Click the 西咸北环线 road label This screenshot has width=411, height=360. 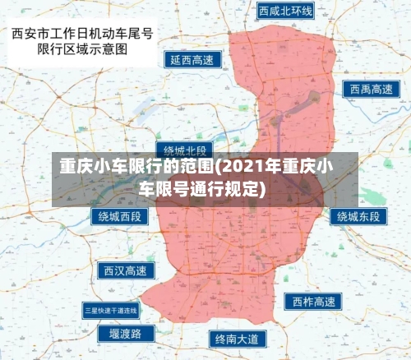click(x=286, y=11)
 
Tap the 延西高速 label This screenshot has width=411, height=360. click(x=192, y=60)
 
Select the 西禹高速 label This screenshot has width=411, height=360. click(x=370, y=89)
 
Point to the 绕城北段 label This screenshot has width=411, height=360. click(x=185, y=150)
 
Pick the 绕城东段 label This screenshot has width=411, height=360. click(x=358, y=217)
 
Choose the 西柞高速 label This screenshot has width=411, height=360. click(x=312, y=302)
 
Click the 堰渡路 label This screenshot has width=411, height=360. click(x=125, y=333)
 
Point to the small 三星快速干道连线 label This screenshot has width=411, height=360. click(x=111, y=311)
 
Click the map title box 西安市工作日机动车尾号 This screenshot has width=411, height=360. click(x=82, y=35)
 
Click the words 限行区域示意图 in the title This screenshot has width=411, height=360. click(x=82, y=49)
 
